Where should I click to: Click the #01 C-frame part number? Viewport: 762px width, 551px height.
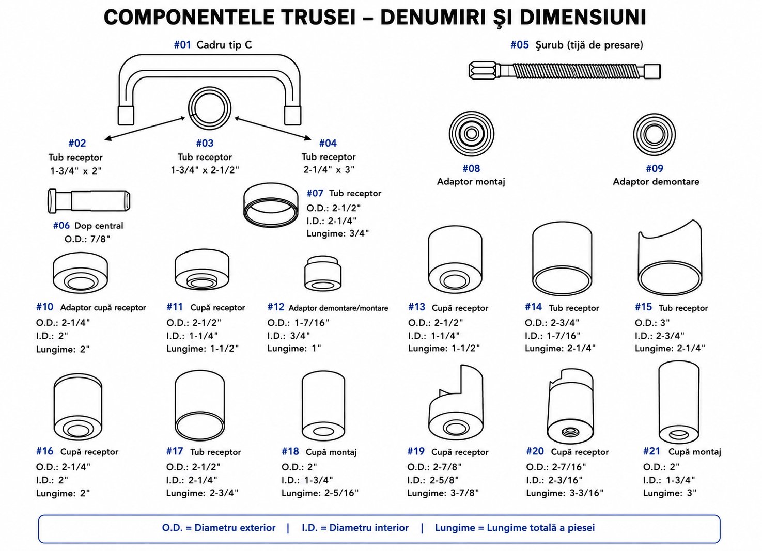click(182, 44)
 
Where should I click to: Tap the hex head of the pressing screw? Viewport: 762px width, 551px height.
click(483, 71)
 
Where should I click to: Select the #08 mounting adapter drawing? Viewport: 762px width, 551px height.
click(472, 133)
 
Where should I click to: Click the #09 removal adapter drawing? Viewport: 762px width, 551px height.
click(654, 134)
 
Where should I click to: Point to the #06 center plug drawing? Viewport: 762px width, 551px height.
click(89, 201)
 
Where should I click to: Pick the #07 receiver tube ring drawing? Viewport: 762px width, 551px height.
click(271, 205)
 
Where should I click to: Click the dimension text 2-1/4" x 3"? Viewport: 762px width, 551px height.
click(329, 169)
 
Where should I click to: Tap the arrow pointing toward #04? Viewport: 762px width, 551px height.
click(273, 128)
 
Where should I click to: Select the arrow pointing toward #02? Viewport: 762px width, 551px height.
click(145, 129)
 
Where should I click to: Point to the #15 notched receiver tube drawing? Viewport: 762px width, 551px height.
click(670, 258)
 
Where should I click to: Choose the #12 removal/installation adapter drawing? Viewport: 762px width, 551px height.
click(322, 274)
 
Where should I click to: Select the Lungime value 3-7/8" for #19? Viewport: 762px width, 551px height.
click(464, 493)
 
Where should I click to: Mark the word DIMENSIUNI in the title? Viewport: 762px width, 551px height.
click(583, 18)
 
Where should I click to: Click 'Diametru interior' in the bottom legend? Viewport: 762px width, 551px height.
click(369, 528)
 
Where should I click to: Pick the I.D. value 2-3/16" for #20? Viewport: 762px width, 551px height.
click(565, 480)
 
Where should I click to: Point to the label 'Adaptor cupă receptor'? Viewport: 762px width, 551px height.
click(103, 308)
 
